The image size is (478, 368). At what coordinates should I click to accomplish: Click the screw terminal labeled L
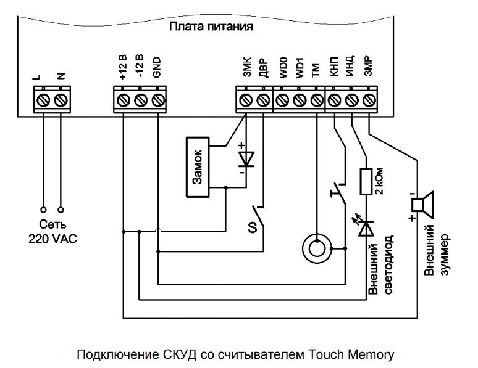[44, 99]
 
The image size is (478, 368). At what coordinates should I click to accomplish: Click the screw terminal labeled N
[61, 99]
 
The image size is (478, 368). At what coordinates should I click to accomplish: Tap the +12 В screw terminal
[123, 99]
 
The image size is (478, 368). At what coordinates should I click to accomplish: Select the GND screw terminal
[158, 99]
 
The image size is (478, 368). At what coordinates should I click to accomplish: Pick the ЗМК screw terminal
[246, 99]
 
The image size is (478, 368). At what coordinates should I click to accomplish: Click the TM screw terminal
[317, 99]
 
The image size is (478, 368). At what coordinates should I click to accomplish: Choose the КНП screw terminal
[334, 99]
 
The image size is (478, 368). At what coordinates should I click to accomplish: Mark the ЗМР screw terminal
[369, 99]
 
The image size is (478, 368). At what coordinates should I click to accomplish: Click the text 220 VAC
[52, 239]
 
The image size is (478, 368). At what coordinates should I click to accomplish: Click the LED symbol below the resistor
[368, 227]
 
